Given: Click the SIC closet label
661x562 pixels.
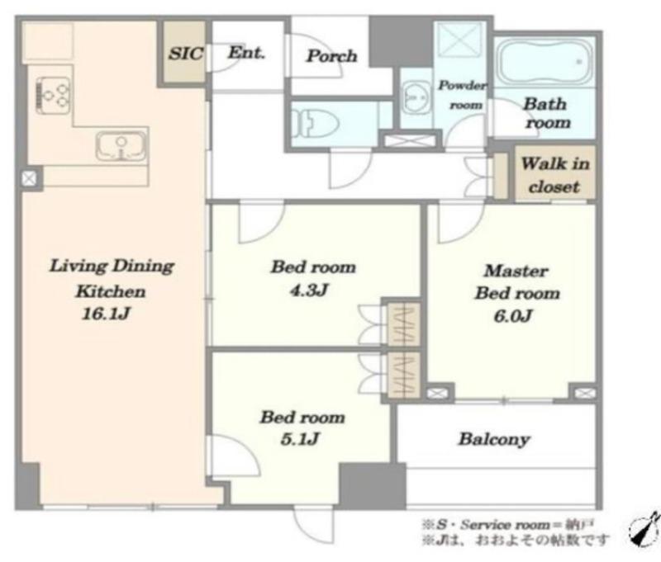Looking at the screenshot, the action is (186, 54).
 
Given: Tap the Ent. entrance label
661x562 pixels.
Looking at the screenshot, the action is (246, 53).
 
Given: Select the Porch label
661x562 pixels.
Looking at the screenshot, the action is (332, 56).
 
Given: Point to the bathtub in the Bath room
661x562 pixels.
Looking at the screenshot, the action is (544, 61).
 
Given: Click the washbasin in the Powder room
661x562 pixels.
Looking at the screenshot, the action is (416, 97).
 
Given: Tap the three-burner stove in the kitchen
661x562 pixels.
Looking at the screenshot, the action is (54, 95).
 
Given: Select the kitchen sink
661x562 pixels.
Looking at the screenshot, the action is (121, 145).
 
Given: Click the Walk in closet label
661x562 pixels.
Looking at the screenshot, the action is (555, 175).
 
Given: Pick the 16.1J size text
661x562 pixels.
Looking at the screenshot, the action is (106, 314).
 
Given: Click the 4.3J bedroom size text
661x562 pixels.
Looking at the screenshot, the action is (309, 290).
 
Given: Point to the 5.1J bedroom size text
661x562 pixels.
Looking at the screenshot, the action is (300, 440).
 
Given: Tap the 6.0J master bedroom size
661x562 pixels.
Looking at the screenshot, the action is (513, 316).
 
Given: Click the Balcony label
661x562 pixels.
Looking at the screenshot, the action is (494, 440).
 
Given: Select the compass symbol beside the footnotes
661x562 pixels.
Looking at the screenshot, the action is (644, 528).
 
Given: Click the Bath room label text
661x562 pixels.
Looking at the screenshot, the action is (547, 113).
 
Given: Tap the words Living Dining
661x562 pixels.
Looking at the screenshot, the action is (112, 266).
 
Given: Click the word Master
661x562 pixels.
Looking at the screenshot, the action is (516, 271).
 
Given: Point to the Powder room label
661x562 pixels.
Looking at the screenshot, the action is (464, 95).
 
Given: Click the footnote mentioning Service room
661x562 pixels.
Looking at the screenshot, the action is (507, 525).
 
